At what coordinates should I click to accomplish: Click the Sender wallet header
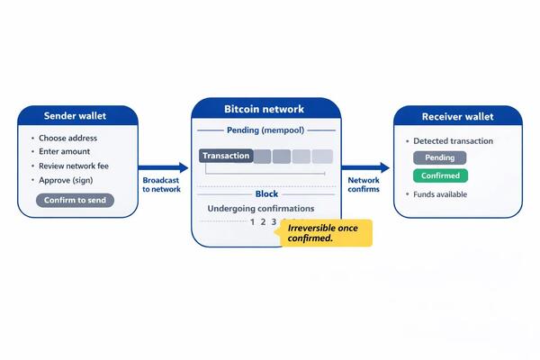[75, 116]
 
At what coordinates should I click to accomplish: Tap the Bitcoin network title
[264, 109]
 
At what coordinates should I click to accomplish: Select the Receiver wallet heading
[458, 116]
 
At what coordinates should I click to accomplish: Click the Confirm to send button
[75, 200]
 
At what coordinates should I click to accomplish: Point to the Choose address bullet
[67, 138]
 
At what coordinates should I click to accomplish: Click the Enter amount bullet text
[65, 151]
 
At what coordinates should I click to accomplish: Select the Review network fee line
[74, 166]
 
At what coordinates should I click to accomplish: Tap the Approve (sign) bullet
[66, 180]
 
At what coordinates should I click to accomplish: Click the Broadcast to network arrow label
[161, 184]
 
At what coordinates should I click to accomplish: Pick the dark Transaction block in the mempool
[226, 156]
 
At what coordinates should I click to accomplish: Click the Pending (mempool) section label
[265, 130]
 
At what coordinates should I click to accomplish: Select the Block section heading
[266, 194]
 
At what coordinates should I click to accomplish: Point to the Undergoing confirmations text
[261, 209]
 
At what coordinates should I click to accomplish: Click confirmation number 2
[263, 222]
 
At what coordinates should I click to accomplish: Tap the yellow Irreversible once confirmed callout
[327, 233]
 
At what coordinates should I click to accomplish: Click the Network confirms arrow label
[364, 184]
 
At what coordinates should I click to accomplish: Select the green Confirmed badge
[440, 175]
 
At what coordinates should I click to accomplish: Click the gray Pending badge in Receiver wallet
[440, 157]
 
